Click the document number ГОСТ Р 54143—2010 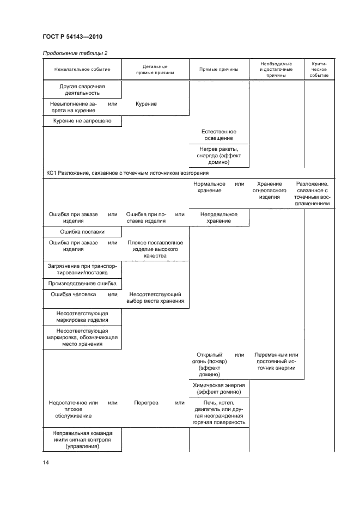click(x=72, y=37)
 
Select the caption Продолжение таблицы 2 click(x=75, y=53)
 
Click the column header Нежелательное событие click(x=82, y=69)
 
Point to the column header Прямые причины click(x=218, y=69)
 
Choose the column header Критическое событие click(x=319, y=69)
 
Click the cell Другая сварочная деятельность click(x=82, y=89)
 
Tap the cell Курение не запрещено click(x=82, y=120)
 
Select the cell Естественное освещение click(x=218, y=135)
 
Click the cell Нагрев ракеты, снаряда click(x=218, y=155)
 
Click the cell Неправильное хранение click(x=218, y=218)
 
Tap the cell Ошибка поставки click(x=82, y=232)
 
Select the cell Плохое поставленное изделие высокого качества click(x=155, y=249)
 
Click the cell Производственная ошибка click(x=82, y=283)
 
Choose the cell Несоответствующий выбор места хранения click(x=155, y=297)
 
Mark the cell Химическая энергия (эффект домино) click(x=218, y=388)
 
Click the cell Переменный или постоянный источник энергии click(x=276, y=361)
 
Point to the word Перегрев click(x=146, y=403)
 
